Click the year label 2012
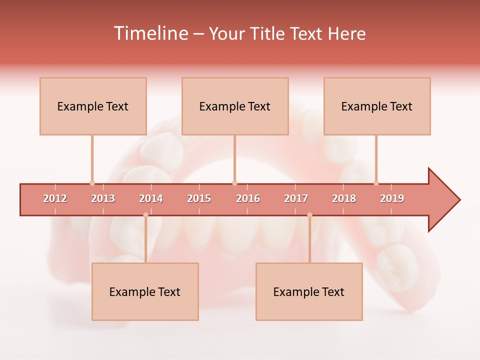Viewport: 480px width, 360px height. click(x=55, y=198)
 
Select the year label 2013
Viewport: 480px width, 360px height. click(x=103, y=198)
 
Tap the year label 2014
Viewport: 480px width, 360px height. click(x=151, y=198)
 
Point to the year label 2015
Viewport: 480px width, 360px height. click(x=199, y=198)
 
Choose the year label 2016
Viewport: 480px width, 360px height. click(x=248, y=198)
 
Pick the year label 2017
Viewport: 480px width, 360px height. click(x=296, y=198)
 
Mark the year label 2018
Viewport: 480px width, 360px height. click(x=344, y=198)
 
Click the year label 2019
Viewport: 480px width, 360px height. click(x=392, y=198)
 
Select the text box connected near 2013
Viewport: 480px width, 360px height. click(x=93, y=106)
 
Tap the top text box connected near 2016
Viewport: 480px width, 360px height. click(x=235, y=106)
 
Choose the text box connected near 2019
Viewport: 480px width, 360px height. click(x=377, y=106)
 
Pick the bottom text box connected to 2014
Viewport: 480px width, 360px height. click(x=145, y=291)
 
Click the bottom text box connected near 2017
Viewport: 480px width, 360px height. click(x=309, y=291)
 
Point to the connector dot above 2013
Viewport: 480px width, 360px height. click(x=92, y=183)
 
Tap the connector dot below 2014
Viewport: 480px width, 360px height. click(x=145, y=215)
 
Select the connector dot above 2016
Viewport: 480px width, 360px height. click(x=234, y=183)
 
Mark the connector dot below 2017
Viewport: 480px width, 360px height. click(x=309, y=215)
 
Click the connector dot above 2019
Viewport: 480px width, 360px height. click(x=376, y=183)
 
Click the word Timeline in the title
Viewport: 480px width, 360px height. click(x=150, y=33)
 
